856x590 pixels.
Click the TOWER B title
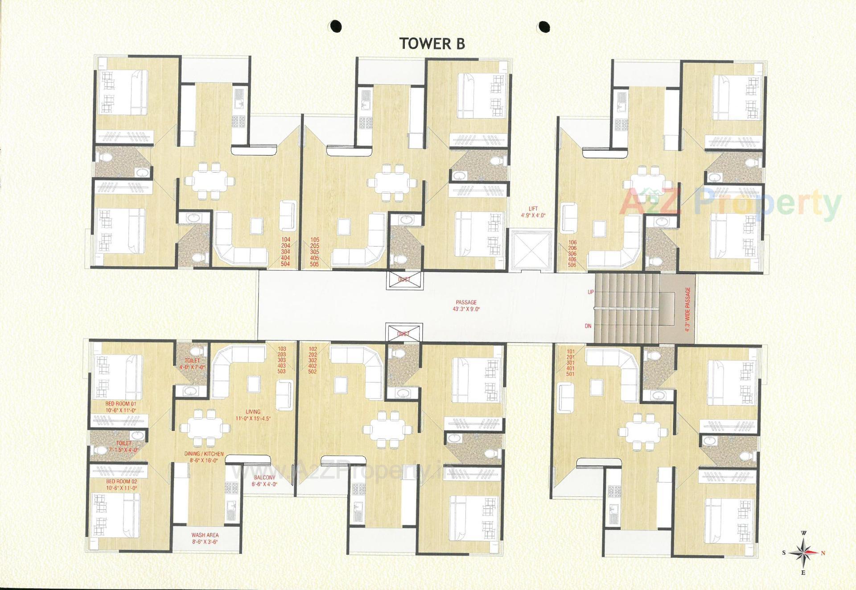(x=432, y=44)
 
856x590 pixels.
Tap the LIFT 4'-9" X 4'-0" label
(x=533, y=212)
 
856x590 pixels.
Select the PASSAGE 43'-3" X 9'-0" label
(x=466, y=305)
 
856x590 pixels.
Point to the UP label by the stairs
(x=591, y=292)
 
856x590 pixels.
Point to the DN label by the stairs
(x=588, y=326)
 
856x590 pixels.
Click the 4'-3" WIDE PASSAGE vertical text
(x=687, y=309)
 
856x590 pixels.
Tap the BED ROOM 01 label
(x=121, y=407)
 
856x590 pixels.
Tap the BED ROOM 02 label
(x=121, y=485)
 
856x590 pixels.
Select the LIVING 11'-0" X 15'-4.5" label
(x=253, y=415)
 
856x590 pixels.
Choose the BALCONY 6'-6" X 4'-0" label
(x=264, y=480)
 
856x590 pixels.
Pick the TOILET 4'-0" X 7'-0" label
(x=192, y=363)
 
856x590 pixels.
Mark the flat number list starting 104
(x=285, y=252)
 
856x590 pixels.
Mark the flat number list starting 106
(x=572, y=254)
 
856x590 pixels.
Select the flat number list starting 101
(x=570, y=363)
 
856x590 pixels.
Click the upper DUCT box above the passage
(x=404, y=280)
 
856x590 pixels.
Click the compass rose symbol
(x=803, y=553)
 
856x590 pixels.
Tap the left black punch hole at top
(x=336, y=26)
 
